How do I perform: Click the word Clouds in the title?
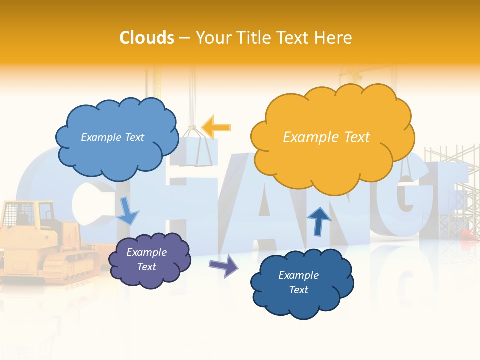(147, 38)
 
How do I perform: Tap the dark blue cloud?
(302, 283)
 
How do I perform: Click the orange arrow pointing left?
(217, 127)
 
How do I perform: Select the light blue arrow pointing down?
(128, 211)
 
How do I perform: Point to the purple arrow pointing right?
(224, 265)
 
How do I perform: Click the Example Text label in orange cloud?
(326, 137)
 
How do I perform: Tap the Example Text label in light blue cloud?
(112, 137)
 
